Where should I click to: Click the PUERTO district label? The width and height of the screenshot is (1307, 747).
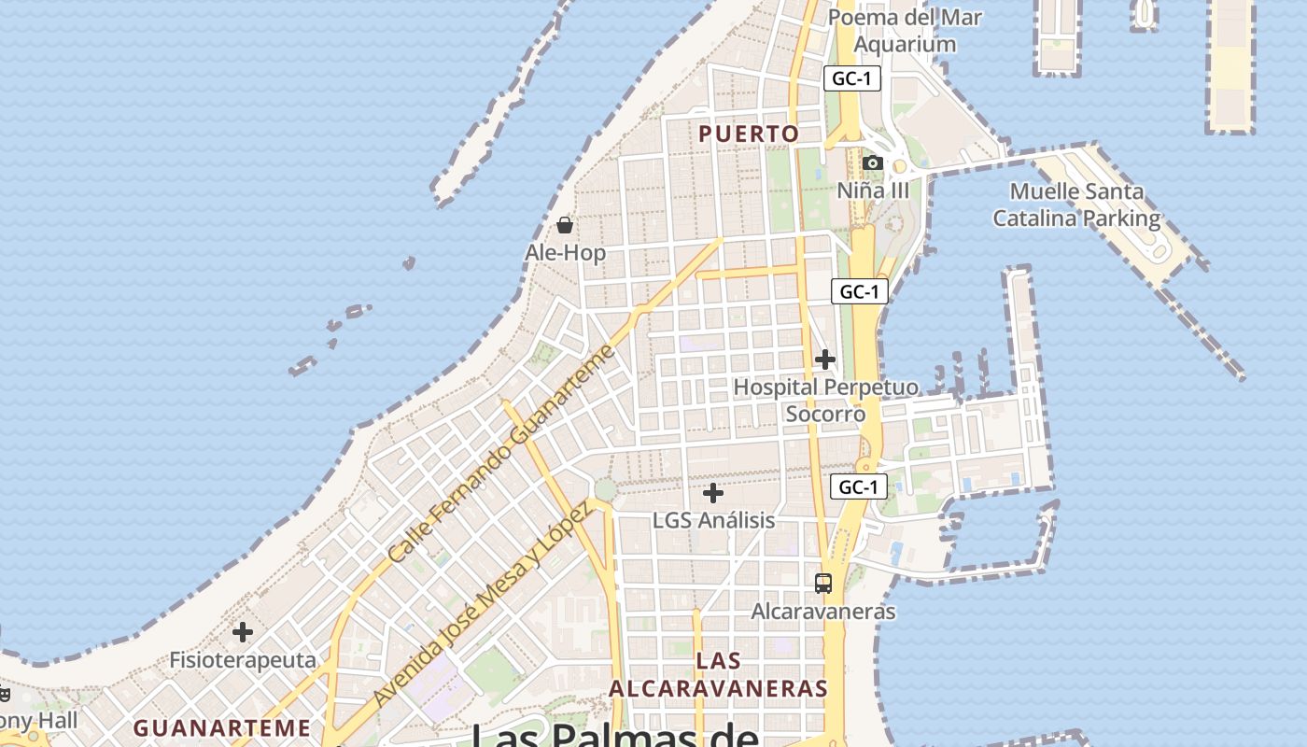pyautogui.click(x=749, y=134)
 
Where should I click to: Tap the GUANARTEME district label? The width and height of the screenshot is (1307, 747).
pyautogui.click(x=221, y=727)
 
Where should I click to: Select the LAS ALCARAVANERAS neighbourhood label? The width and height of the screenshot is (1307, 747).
pyautogui.click(x=718, y=675)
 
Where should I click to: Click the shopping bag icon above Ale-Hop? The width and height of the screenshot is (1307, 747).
pyautogui.click(x=565, y=225)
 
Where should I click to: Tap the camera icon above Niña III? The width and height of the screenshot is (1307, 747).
pyautogui.click(x=873, y=163)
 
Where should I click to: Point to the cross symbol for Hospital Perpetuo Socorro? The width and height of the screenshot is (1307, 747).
pyautogui.click(x=825, y=359)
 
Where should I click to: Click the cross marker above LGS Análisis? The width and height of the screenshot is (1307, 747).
pyautogui.click(x=713, y=493)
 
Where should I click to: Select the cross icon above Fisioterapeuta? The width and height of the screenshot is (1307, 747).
pyautogui.click(x=243, y=632)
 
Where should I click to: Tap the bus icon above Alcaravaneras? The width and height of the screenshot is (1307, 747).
pyautogui.click(x=822, y=584)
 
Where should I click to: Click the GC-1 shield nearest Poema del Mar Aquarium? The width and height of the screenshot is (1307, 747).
pyautogui.click(x=851, y=78)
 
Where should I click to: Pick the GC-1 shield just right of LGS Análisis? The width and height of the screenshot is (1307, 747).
pyautogui.click(x=858, y=486)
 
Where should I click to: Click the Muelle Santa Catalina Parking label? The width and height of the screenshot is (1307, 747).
pyautogui.click(x=1076, y=204)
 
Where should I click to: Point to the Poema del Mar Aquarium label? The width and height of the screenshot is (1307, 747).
pyautogui.click(x=905, y=30)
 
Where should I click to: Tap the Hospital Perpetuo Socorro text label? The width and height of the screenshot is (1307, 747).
pyautogui.click(x=825, y=400)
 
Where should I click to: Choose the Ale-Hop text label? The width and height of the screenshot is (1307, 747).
pyautogui.click(x=565, y=253)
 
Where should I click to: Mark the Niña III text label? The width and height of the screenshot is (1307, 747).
pyautogui.click(x=873, y=190)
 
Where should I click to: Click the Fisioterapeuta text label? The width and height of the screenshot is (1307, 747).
pyautogui.click(x=243, y=660)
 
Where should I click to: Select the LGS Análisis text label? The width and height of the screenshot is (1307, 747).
pyautogui.click(x=713, y=520)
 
